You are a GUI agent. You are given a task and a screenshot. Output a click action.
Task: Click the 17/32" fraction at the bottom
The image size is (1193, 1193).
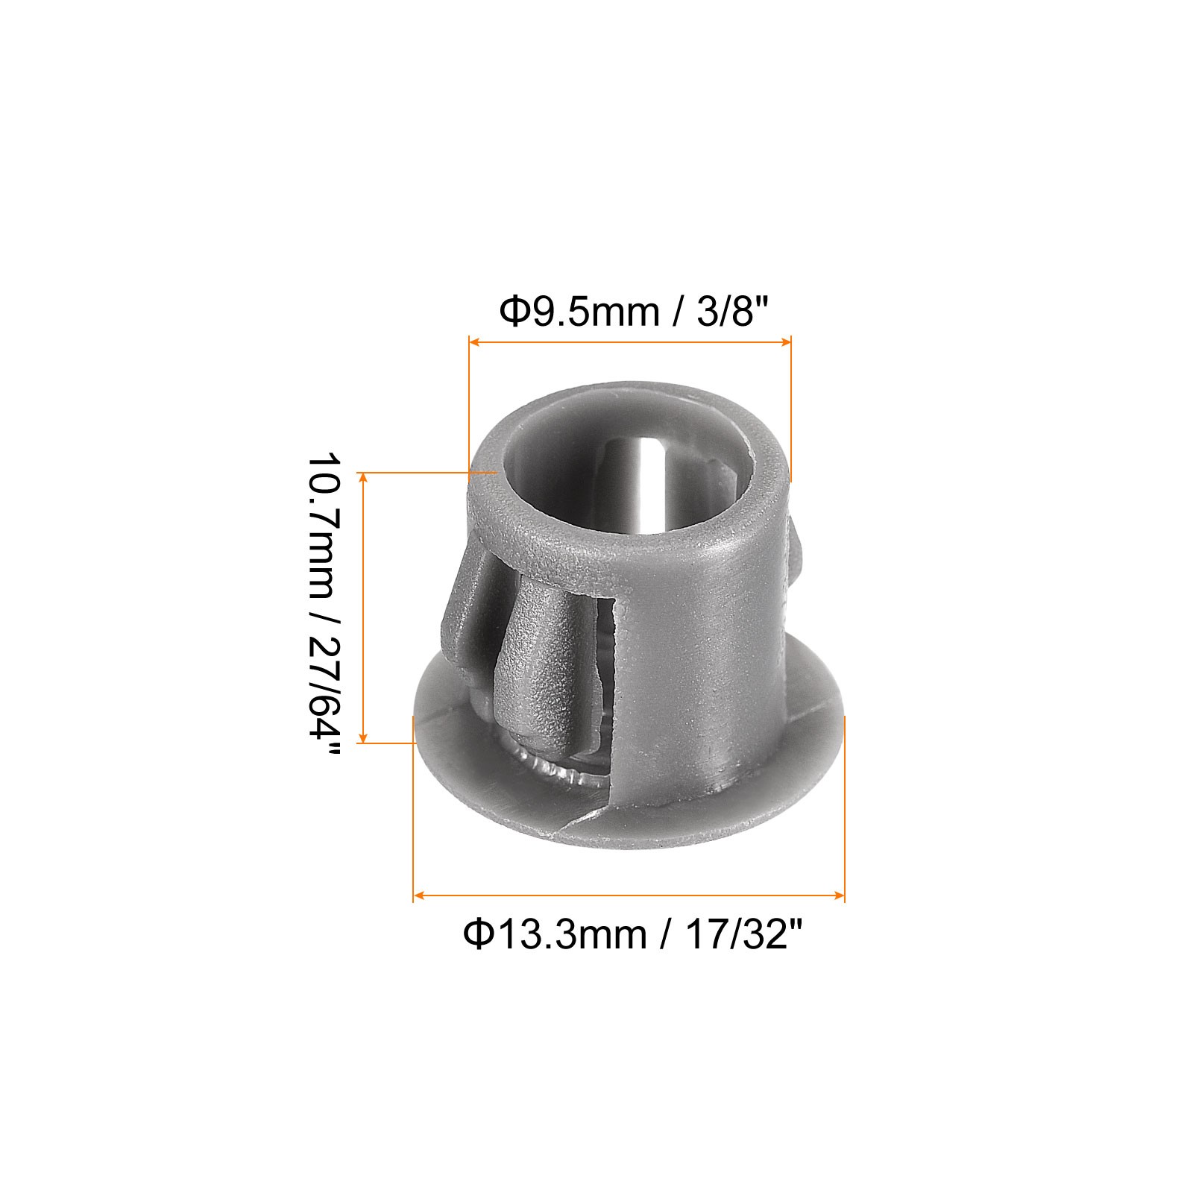[x=742, y=934]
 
